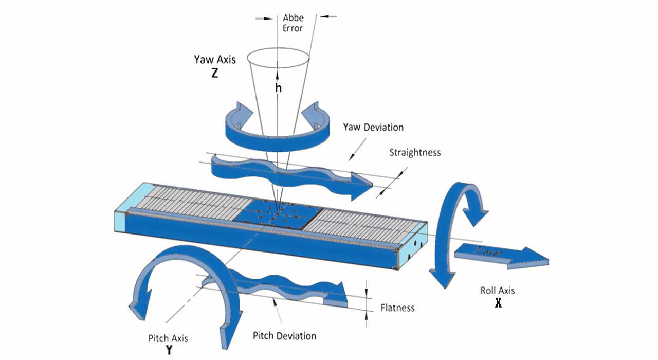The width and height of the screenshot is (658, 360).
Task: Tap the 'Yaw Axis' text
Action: coord(215,59)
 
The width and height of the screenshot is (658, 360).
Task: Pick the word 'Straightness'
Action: coord(414,152)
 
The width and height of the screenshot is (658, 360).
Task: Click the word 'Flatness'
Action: coord(397,308)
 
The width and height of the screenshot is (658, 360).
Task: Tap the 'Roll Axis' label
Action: coord(497,291)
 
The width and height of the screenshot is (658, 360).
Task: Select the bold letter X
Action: coord(498,303)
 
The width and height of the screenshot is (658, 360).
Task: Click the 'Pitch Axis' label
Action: coord(168,338)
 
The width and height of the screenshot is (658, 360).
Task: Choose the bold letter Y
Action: coord(169,351)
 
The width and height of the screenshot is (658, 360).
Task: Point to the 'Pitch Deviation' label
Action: coord(284,336)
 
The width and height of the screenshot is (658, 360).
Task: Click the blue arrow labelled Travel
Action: coord(502,255)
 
